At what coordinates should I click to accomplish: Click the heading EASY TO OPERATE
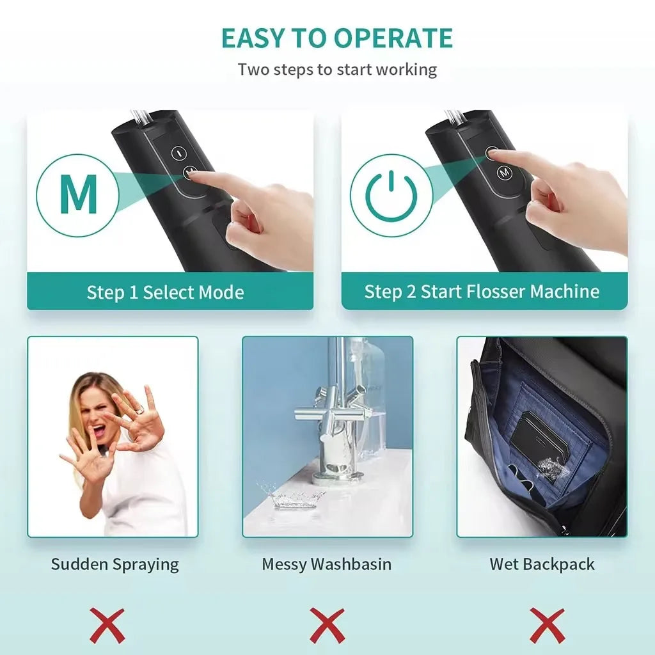(337, 38)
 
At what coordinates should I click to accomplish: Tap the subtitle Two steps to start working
(337, 69)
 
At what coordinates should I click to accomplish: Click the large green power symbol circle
(391, 195)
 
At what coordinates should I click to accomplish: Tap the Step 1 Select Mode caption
(166, 293)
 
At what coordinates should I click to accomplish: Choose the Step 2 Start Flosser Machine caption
(482, 292)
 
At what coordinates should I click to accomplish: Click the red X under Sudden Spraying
(107, 626)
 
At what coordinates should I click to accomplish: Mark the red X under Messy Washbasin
(327, 626)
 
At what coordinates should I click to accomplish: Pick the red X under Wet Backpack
(547, 626)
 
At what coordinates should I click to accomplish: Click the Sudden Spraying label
(115, 564)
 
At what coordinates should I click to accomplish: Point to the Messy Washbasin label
(326, 564)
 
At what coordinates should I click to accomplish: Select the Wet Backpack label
(542, 564)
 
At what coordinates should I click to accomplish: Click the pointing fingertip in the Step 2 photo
(494, 154)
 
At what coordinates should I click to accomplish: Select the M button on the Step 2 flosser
(504, 172)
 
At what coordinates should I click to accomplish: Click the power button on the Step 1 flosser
(178, 154)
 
